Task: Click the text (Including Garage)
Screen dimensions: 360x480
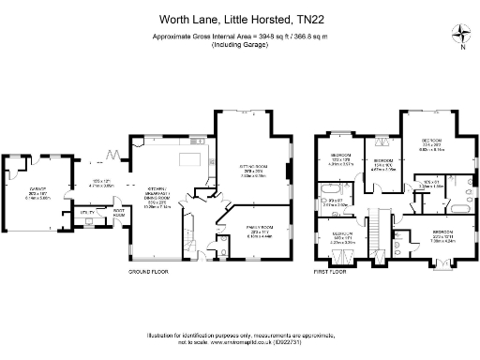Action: tap(239, 46)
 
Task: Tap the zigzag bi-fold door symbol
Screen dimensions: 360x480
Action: tap(111, 153)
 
